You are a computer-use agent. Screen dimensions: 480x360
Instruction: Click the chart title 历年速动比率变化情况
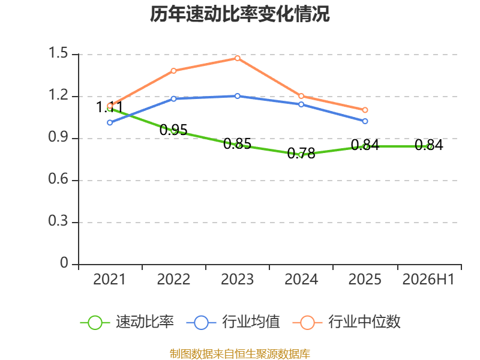pos(239,14)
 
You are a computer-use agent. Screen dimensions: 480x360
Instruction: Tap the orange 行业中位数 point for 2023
pos(238,58)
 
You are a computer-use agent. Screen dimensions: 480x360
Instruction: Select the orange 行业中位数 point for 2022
pos(173,71)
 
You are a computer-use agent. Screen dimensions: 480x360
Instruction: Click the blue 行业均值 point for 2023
pos(238,96)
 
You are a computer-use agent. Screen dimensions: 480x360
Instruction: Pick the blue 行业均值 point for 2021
pos(110,123)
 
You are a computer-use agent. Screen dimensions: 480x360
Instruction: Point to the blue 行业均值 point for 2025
pos(365,121)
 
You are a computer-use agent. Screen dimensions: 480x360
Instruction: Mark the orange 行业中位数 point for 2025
pos(365,110)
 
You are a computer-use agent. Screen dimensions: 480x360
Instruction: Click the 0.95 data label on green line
pos(173,130)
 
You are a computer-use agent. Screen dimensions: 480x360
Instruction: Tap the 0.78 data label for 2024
pos(301,154)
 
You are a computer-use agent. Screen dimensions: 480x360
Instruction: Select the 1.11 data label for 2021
pos(109,107)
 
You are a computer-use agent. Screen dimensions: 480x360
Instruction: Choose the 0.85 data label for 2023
pos(237,144)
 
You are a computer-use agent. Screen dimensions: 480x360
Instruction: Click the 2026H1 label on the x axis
pos(428,280)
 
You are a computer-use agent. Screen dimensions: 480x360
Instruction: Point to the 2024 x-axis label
pos(301,280)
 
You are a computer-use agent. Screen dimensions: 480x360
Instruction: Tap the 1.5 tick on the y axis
pos(58,53)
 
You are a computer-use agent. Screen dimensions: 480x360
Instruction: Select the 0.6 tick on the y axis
pos(58,179)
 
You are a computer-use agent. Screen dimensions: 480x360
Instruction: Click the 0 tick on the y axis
pos(64,263)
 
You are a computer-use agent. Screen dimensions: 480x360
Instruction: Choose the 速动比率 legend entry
pos(127,322)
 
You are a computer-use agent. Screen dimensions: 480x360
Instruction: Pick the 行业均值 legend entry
pos(233,322)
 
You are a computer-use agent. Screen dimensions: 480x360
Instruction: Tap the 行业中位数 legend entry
pos(347,322)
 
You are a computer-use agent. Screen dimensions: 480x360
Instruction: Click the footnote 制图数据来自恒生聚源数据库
pos(240,354)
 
